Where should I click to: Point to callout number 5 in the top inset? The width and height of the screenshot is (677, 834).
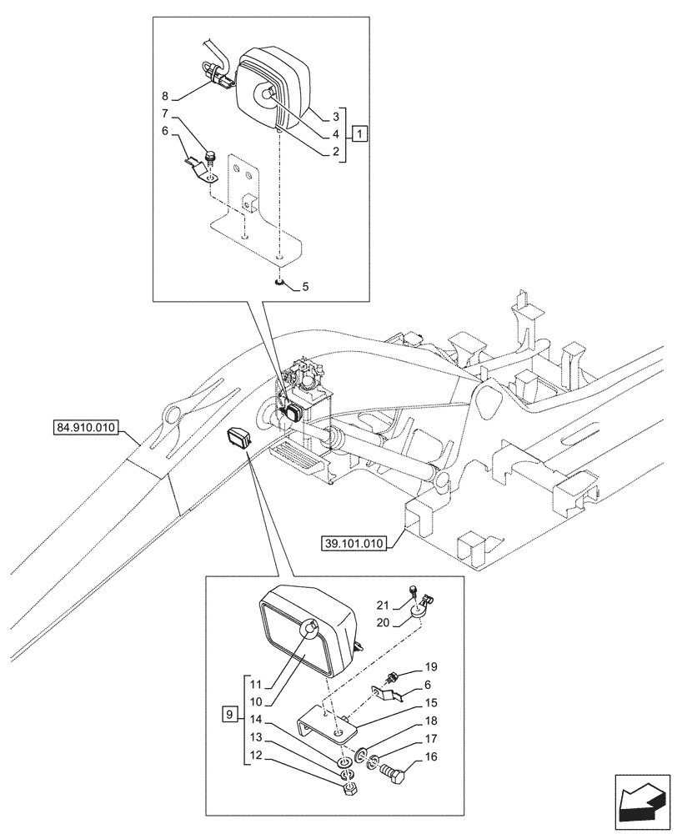pyautogui.click(x=305, y=287)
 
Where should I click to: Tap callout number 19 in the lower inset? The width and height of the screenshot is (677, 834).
pyautogui.click(x=430, y=667)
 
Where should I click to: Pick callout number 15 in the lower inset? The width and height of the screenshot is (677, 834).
pyautogui.click(x=430, y=704)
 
